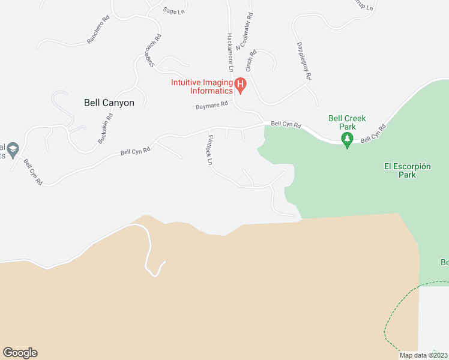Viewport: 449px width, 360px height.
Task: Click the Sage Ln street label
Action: (x=173, y=10)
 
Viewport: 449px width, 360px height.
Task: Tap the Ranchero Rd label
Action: (x=99, y=29)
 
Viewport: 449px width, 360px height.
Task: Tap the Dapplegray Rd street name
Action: (x=304, y=61)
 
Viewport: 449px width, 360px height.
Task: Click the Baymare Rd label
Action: (x=212, y=106)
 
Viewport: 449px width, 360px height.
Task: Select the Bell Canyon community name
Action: (x=109, y=103)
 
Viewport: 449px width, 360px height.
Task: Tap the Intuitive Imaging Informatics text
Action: (x=202, y=86)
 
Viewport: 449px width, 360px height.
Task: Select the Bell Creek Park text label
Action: (x=347, y=122)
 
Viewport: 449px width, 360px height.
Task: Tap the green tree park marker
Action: (x=347, y=140)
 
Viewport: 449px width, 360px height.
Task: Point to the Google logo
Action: (x=20, y=353)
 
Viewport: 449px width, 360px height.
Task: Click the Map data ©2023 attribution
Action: (x=424, y=355)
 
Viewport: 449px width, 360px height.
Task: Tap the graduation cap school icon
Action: (x=12, y=148)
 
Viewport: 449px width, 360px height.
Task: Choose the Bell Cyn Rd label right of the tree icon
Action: (x=373, y=135)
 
